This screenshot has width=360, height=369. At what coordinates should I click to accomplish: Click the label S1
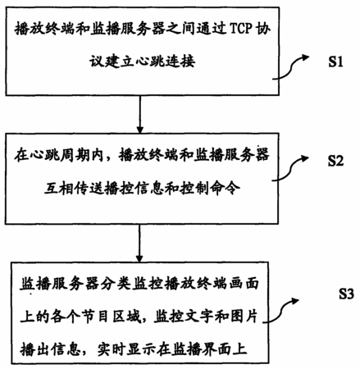coord(335,61)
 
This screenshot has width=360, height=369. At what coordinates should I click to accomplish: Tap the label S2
coord(335,161)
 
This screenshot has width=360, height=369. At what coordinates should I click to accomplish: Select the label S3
coord(346,294)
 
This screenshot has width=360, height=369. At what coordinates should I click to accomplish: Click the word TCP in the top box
coord(240,28)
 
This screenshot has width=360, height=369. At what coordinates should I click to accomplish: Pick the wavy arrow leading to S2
coord(289,167)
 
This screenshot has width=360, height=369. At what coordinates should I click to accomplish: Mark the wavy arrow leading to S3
coord(280,310)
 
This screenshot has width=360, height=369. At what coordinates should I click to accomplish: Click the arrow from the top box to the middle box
coord(140,114)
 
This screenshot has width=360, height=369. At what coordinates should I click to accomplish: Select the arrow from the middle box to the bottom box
coord(139,243)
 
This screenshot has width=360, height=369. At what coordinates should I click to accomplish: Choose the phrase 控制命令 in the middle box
coord(211,189)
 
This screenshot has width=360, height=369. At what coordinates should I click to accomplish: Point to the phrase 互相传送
coord(75,189)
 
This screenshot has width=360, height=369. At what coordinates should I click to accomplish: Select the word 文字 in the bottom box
coord(194,317)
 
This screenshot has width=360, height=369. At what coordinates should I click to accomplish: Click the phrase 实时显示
coord(127,350)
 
